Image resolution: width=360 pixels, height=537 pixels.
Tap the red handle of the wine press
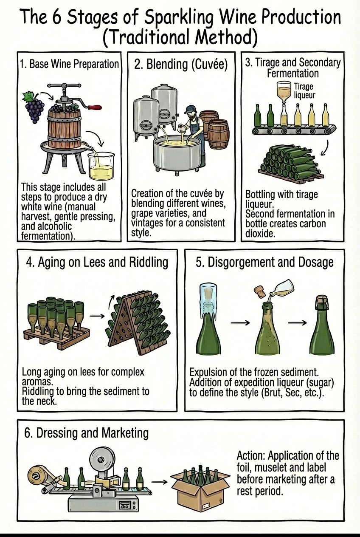pos(96,107)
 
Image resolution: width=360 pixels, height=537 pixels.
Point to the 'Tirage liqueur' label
pos(304,91)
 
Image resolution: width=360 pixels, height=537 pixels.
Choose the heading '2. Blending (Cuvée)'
pos(181,64)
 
